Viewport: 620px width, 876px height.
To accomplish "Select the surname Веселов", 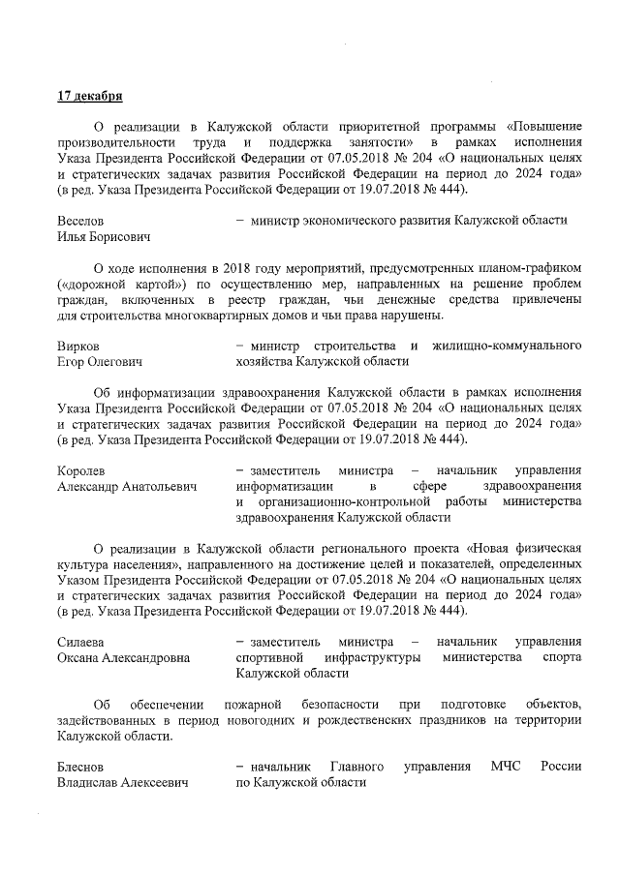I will (82, 220).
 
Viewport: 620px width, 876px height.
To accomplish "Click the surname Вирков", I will (78, 346).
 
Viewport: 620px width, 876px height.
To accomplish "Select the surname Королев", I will (81, 470).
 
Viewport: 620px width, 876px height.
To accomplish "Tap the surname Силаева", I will (81, 642).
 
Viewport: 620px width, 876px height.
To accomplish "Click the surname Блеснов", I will (81, 767).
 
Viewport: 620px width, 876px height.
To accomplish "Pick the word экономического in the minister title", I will (339, 220).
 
